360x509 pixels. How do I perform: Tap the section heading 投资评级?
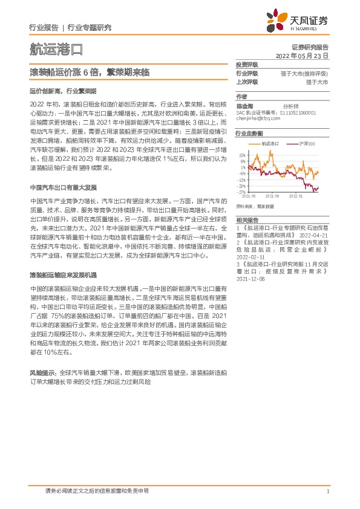[x=247, y=65]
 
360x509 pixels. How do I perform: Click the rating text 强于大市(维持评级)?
[x=305, y=73]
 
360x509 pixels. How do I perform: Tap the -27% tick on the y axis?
[x=241, y=192]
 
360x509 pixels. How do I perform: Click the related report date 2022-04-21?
[x=315, y=235]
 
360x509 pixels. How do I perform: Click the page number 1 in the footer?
[x=327, y=492]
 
